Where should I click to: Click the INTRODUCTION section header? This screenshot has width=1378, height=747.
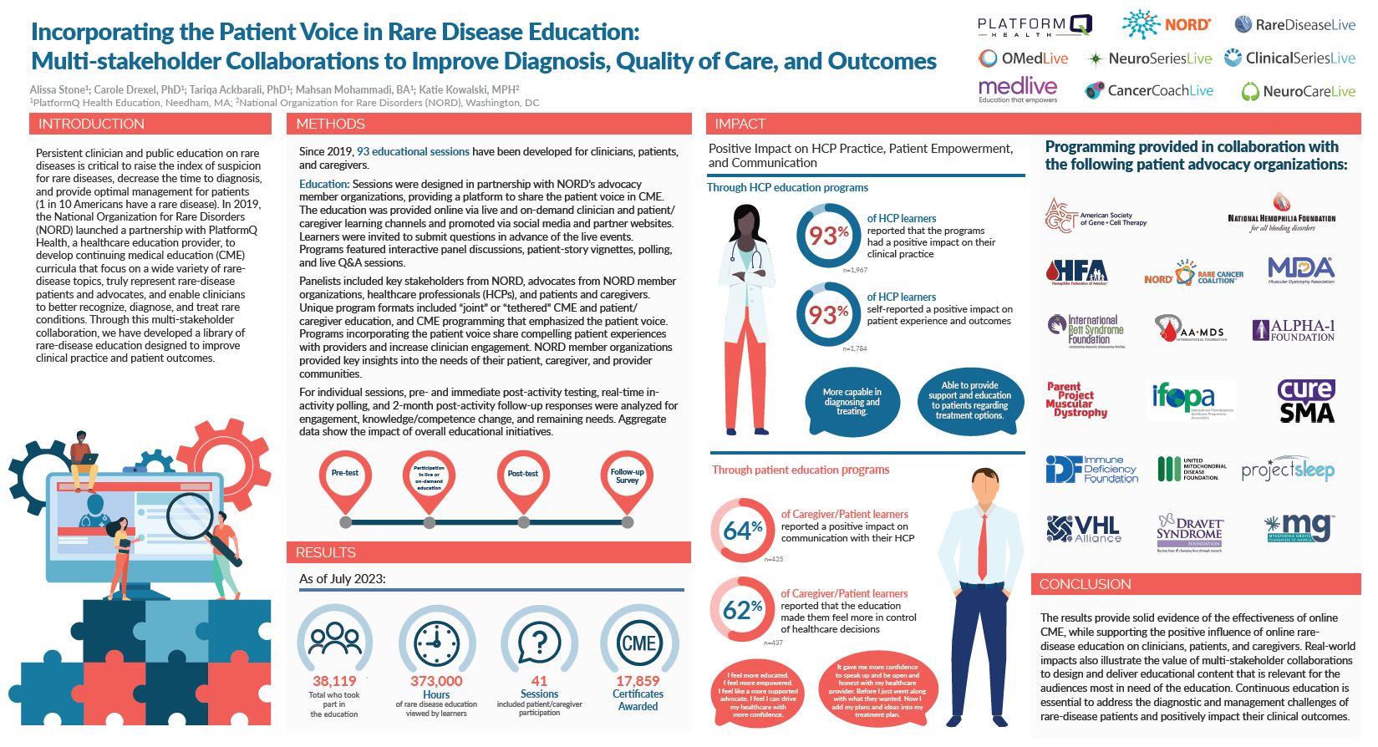[92, 124]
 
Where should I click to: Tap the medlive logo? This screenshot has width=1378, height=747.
[1017, 89]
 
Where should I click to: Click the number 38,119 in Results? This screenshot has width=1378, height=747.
[333, 681]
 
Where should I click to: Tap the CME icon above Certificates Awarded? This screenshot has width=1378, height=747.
[638, 642]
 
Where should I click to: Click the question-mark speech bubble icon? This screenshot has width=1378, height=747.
[539, 642]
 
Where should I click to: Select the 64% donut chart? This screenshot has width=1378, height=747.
[742, 530]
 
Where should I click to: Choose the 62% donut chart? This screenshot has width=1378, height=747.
[742, 609]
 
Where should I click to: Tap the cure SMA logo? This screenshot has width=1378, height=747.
[1306, 401]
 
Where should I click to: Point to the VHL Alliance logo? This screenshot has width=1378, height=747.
[1082, 529]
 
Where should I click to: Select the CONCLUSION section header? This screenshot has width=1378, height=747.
[1085, 584]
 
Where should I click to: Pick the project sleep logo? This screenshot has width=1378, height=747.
[1287, 470]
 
